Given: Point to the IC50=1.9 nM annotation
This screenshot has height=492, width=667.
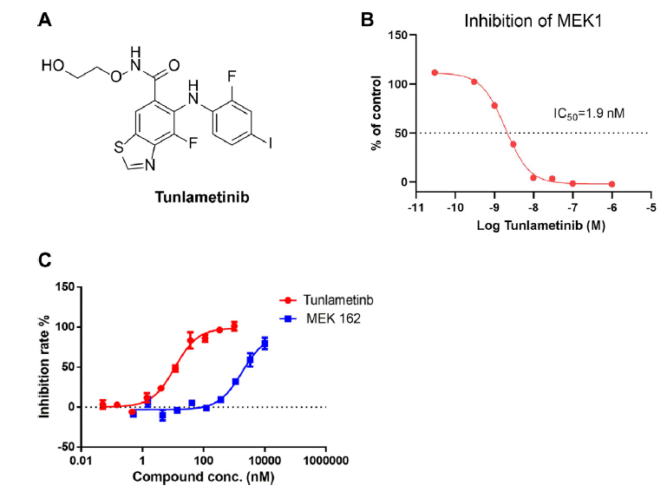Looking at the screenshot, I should [x=590, y=114].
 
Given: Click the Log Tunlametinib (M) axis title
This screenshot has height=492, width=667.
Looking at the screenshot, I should [x=533, y=225].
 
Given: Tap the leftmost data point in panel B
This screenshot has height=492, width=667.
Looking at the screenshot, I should [x=435, y=73].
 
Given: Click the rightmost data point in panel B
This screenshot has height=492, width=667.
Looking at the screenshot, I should [x=611, y=184].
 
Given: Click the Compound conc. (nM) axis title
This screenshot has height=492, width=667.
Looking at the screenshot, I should [x=205, y=476].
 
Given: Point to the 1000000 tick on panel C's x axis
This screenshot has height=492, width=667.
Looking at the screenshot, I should [x=326, y=460].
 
